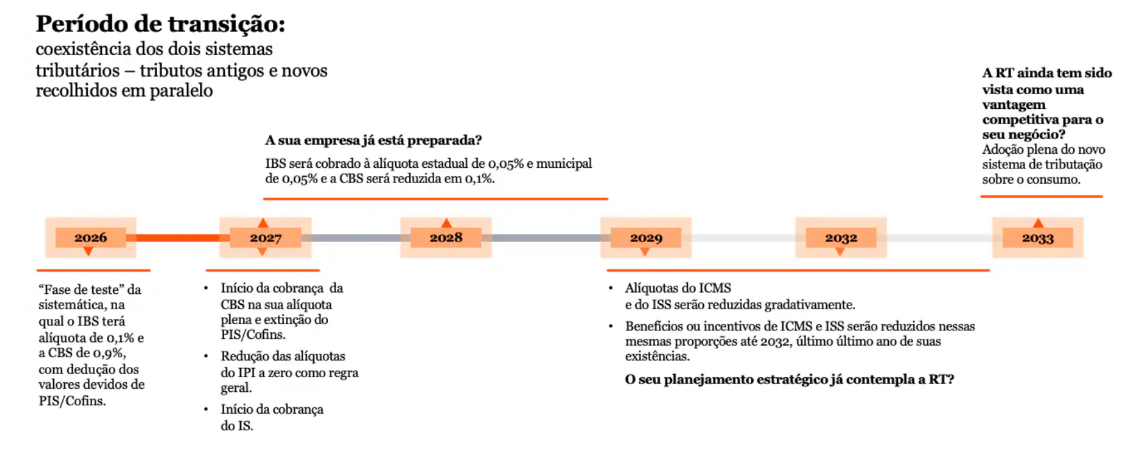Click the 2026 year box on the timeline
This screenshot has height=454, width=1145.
[90, 238]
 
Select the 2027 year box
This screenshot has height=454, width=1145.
[265, 238]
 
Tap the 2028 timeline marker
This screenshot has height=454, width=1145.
[446, 238]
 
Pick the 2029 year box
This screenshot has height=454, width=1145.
[646, 238]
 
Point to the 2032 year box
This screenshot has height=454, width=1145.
[841, 238]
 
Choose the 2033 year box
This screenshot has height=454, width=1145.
[1037, 238]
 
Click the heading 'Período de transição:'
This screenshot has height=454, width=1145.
[160, 24]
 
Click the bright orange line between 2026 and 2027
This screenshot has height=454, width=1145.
[177, 238]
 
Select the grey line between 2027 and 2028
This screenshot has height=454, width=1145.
[356, 238]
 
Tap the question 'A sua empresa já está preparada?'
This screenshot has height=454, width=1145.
[373, 140]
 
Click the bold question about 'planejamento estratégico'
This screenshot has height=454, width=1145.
[789, 379]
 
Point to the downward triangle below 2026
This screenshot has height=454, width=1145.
[88, 252]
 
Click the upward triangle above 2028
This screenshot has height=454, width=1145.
[446, 223]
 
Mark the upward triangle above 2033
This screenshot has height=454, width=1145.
[1038, 223]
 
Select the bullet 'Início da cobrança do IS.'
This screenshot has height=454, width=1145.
[272, 417]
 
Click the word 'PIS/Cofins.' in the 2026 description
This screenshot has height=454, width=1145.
[72, 401]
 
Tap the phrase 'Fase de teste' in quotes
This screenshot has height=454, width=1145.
[82, 289]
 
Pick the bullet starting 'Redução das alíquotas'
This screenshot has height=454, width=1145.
[288, 371]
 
